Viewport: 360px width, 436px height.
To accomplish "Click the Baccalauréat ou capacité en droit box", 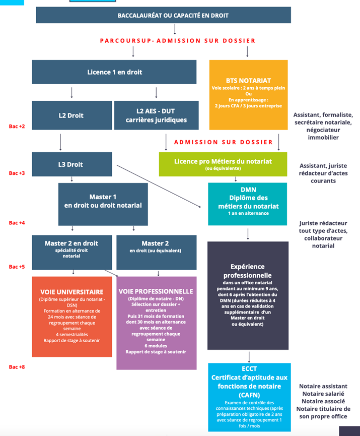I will point(163,15).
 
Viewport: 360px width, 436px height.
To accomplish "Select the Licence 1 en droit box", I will point(114,72).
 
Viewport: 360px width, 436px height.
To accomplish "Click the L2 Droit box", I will point(71,115).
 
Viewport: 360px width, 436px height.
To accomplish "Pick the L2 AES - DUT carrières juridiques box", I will point(156,115).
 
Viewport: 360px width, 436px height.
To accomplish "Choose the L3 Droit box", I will point(71,164).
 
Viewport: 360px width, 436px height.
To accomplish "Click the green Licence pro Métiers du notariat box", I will point(223,164).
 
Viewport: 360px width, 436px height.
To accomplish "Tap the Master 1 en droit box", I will point(103,201).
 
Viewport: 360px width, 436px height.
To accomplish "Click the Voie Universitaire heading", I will point(71,292).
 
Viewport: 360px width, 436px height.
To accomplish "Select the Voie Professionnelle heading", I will point(156,291).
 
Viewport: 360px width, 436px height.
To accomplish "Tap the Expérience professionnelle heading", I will point(248,271).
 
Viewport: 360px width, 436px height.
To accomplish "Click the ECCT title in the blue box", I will point(249,369).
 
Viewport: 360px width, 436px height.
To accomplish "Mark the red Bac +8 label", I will point(17,367).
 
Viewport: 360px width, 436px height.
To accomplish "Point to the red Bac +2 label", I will point(17,126).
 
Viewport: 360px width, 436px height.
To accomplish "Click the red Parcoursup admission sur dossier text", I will point(177,41).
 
